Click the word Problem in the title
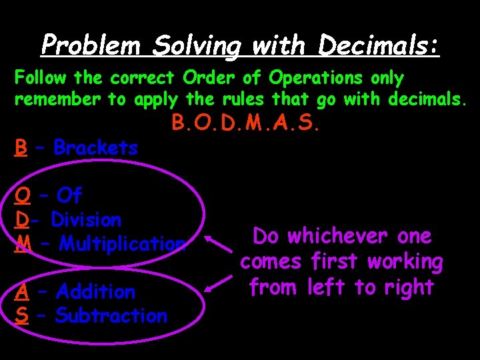(x=91, y=45)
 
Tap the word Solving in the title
(x=197, y=45)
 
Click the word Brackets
(x=95, y=147)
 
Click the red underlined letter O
(x=22, y=195)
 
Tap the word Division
(x=86, y=219)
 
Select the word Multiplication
(x=122, y=243)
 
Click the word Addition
(x=96, y=291)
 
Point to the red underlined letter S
(x=22, y=315)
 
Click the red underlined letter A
(x=22, y=291)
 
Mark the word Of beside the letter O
(x=69, y=195)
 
